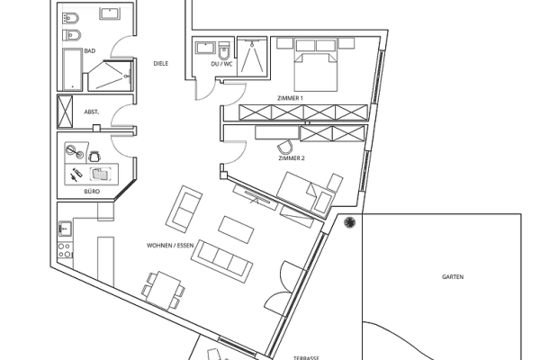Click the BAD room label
pos(89,51)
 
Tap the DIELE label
pos(161,63)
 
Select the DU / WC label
pos(221,64)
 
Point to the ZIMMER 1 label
pos(291,98)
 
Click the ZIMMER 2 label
pos(292,158)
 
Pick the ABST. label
pos(92,112)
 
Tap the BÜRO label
pos(92,191)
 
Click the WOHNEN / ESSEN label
pos(170,246)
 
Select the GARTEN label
pos(453,276)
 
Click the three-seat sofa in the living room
pos(221,261)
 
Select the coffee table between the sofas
pos(236,229)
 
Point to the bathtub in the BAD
pos(72,69)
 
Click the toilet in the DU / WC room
pos(224,50)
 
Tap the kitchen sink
pos(65,229)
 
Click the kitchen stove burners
pos(65,250)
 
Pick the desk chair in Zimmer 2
pos(284,147)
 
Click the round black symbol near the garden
pos(349,222)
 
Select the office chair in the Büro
pos(94,157)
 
